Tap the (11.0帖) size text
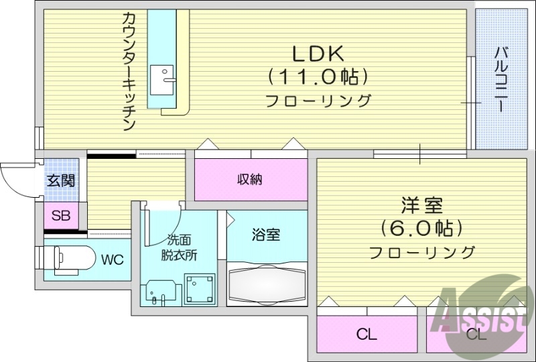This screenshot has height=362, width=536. (x=318, y=77)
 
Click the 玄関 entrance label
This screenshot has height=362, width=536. (x=60, y=180)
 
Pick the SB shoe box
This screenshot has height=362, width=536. (x=61, y=216)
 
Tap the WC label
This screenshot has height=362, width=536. (x=112, y=259)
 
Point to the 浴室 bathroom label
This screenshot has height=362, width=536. (x=266, y=235)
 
